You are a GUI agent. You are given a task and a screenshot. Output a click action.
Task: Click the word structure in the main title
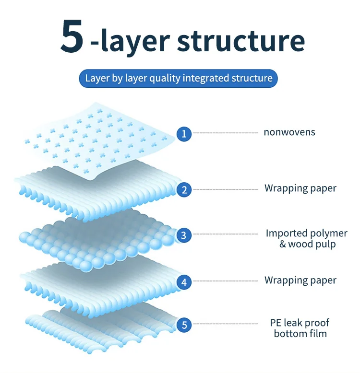coord(241,40)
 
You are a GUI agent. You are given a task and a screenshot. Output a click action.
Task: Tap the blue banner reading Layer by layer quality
coord(179,78)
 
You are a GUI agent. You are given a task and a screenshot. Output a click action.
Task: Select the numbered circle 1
coord(184,133)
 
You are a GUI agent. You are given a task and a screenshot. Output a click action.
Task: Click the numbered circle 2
coord(184,189)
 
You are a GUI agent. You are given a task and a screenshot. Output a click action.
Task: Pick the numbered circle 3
coord(184,235)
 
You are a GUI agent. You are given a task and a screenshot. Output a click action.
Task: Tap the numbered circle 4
coord(184,282)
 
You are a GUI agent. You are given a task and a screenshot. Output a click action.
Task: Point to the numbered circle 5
coord(184,325)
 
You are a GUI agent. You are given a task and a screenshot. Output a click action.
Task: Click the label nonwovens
coord(289,132)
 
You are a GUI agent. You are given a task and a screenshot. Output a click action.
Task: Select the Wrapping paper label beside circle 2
coord(300,188)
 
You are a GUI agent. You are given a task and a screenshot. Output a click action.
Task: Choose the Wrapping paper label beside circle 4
coord(300,280)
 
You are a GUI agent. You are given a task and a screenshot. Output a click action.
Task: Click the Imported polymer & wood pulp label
coord(306,239)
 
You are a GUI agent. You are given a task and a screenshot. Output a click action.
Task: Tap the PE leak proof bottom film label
coord(300,328)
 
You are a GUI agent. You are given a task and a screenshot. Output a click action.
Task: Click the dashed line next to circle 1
coord(226,132)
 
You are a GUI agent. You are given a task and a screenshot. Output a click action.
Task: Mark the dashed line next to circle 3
coord(226,234)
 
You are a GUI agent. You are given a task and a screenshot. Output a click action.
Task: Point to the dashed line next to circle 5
coord(226,325)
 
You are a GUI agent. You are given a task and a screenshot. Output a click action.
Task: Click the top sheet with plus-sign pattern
coord(96,139)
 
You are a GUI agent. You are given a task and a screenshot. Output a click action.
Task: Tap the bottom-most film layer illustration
coord(96,328)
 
